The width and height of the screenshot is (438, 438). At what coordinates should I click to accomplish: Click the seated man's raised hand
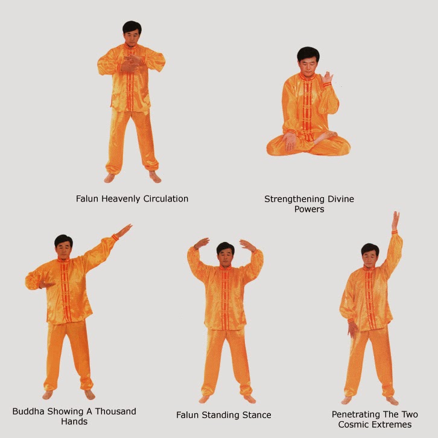point(327,78)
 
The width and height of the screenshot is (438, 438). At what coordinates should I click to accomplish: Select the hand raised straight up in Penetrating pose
point(395,221)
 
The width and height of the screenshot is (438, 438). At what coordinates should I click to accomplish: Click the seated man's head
point(308,60)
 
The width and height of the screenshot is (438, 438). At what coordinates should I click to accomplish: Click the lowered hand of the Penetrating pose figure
point(352,329)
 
